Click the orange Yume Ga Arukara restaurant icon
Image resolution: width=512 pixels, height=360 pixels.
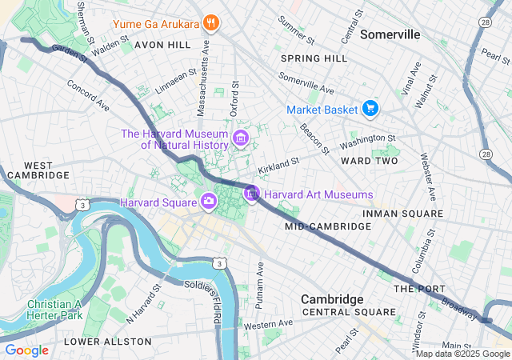tap(211, 22)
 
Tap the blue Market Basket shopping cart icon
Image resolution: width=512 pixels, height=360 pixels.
tap(369, 108)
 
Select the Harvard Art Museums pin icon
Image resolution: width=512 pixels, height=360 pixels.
tap(252, 194)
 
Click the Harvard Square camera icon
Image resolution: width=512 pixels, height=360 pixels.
tap(208, 200)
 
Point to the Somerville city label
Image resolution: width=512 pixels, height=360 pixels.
tap(390, 34)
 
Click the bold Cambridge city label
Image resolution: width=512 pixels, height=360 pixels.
tap(332, 298)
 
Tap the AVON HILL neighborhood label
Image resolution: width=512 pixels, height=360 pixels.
tap(163, 45)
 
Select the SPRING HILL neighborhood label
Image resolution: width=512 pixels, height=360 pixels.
tap(314, 58)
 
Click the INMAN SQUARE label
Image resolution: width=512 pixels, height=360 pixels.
tap(402, 214)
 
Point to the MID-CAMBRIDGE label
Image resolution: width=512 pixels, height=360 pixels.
tap(328, 226)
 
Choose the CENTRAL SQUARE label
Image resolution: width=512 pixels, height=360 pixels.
tap(348, 312)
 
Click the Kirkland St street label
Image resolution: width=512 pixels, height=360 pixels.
tap(278, 166)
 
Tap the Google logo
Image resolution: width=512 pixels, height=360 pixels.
tap(26, 350)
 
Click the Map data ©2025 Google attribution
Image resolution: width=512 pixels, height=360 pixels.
tap(462, 354)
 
